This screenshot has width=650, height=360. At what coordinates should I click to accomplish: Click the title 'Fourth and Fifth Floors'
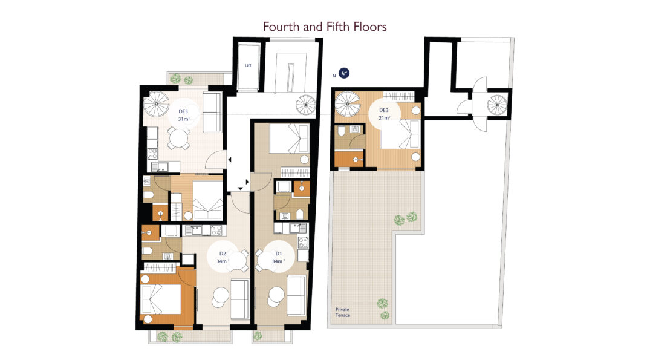coord(325,27)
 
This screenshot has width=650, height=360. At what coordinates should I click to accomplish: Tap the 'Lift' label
coord(248,65)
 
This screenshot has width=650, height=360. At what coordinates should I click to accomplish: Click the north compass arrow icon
coord(343,73)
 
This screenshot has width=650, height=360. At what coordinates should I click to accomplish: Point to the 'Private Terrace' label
coord(343,312)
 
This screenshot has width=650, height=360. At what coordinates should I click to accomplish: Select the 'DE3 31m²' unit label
coord(184,116)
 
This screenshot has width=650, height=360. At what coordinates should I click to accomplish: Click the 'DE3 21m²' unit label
coord(385,114)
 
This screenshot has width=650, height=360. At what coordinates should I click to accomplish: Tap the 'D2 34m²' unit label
coord(223,258)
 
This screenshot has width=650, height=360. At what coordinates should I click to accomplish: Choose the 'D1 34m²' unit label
coord(278,258)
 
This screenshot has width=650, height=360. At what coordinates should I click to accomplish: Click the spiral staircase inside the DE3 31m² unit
coord(156,104)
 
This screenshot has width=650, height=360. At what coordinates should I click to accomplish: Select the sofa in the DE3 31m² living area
coord(212,113)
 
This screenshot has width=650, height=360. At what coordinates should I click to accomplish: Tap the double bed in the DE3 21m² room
coord(400,134)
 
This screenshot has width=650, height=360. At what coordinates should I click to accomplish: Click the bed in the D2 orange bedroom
coord(161,299)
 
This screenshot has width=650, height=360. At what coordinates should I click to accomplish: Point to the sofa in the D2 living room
coord(239,299)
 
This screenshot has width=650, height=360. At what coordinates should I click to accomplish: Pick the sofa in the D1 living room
coord(296,295)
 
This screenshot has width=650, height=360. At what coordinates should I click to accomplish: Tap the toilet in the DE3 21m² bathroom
coord(341,132)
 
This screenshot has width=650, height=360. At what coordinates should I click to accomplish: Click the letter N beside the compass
coord(334,76)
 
